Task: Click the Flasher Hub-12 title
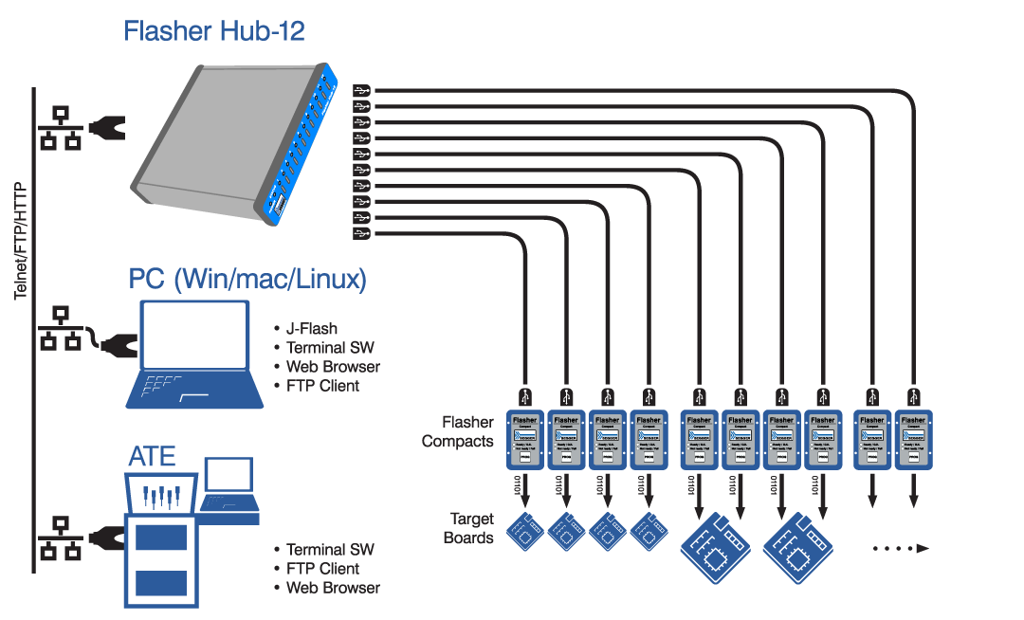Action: pos(214,31)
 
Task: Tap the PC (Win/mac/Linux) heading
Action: pos(247,280)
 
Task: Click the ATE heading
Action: pos(153,457)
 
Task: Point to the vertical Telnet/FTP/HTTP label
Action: pos(21,242)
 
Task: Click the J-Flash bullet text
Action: pos(312,329)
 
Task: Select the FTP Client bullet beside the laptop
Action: pos(323,386)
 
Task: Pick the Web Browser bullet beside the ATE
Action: pos(333,588)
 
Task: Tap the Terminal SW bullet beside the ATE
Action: pos(330,550)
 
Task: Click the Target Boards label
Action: pos(471,529)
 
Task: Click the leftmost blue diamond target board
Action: pos(525,531)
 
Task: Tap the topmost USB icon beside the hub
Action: pos(361,90)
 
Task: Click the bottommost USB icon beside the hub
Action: pos(361,233)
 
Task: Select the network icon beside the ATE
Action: pos(59,539)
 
